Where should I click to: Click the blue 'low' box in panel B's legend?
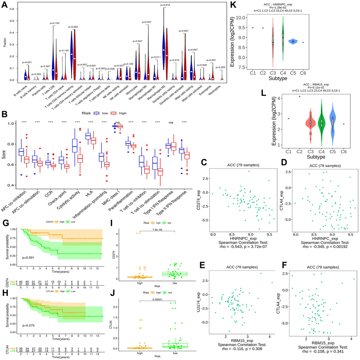96,113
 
